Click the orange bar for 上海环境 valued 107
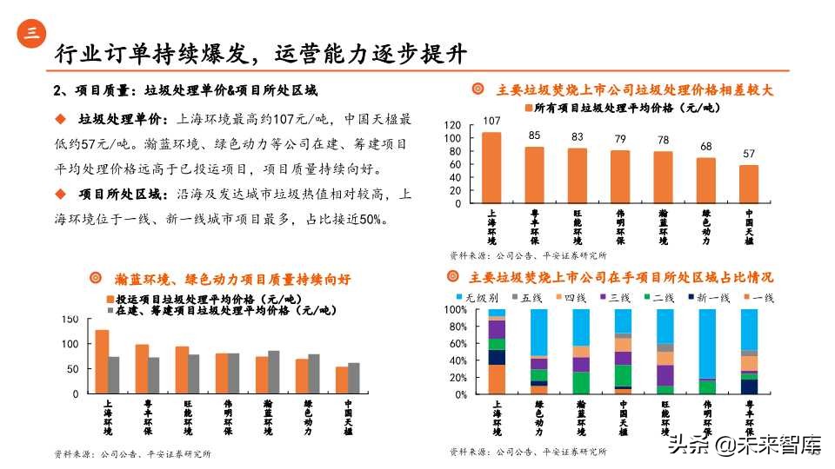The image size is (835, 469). (491, 168)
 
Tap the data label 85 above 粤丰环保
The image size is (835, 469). (534, 135)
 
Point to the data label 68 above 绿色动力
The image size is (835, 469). (705, 146)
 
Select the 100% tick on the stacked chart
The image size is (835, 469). (457, 309)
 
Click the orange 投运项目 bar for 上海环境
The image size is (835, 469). (102, 361)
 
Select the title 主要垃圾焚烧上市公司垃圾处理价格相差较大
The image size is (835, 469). (634, 89)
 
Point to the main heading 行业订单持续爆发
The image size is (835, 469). (148, 53)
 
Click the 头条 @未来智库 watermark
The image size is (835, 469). (745, 446)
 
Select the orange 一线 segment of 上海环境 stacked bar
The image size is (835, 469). (497, 379)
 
